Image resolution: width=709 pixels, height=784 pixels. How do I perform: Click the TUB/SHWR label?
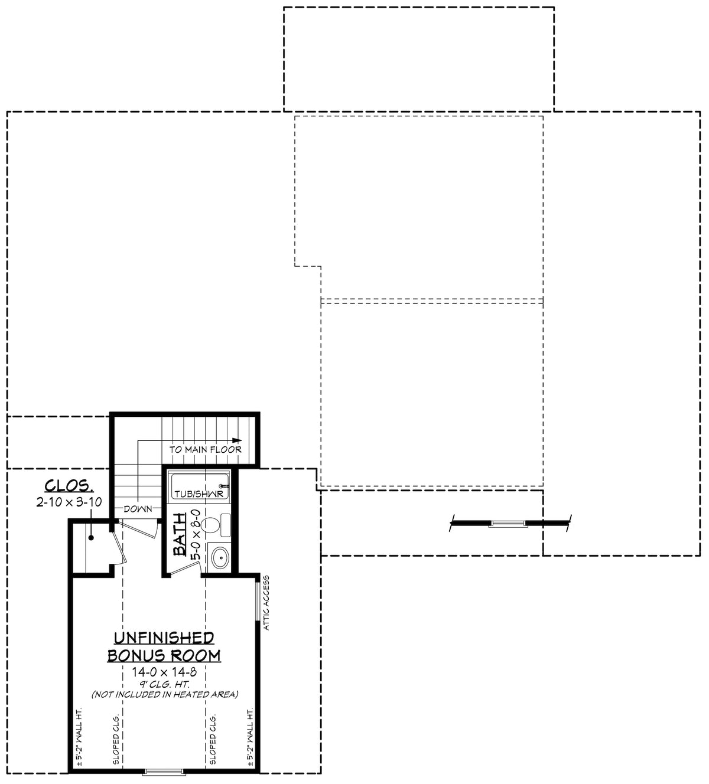tap(198, 494)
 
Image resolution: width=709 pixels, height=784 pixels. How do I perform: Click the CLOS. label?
tap(69, 486)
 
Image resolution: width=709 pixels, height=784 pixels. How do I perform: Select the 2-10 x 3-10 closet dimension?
tap(69, 502)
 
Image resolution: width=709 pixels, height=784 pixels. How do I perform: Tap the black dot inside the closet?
tap(92, 537)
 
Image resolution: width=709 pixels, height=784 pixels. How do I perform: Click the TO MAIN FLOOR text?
tap(206, 449)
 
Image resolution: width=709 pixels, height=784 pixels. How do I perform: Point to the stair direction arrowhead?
tap(238, 440)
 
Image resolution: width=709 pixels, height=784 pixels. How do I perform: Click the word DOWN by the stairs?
tap(138, 509)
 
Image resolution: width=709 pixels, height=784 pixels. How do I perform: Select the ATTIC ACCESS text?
tap(266, 603)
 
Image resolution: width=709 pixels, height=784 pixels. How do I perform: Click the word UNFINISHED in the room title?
tap(163, 638)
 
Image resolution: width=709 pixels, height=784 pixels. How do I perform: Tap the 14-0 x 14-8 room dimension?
tap(164, 672)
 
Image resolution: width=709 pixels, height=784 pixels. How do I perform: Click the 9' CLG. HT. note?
tap(164, 684)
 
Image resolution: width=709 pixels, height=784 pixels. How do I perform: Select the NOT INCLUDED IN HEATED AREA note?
tap(164, 695)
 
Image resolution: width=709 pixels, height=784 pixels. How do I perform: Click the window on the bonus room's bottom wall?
tap(165, 770)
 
